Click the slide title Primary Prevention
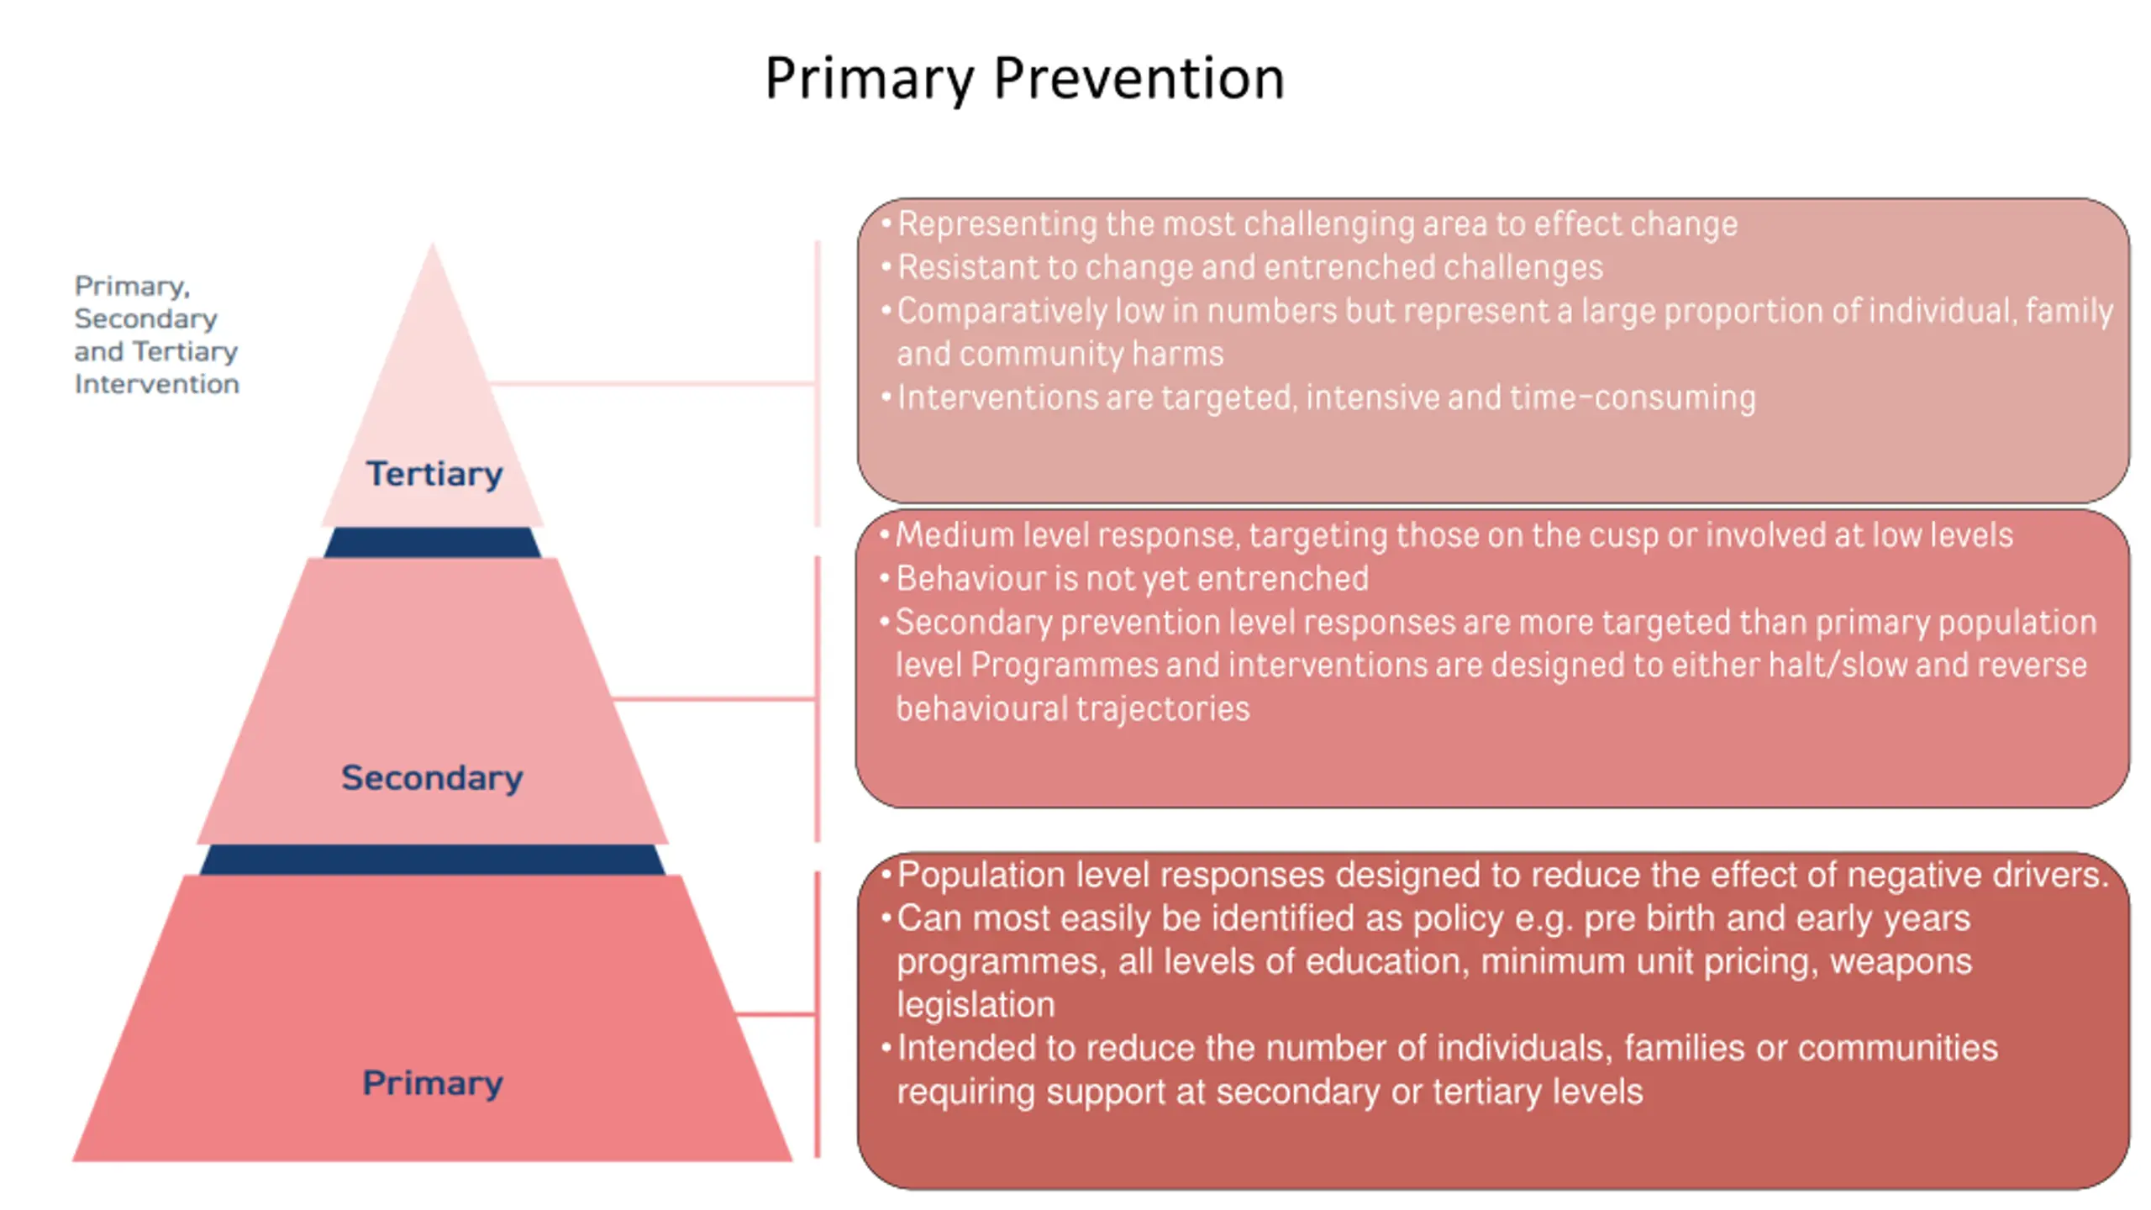[x=1024, y=79]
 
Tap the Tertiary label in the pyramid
[x=434, y=475]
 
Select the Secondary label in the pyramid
[x=432, y=778]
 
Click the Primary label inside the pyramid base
[x=433, y=1083]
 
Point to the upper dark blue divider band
[x=433, y=543]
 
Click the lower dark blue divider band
[x=433, y=860]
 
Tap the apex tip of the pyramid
[x=433, y=244]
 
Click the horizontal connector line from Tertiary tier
[x=652, y=383]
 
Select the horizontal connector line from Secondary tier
[x=714, y=698]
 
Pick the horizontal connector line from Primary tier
[x=776, y=1014]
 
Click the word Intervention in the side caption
[x=157, y=384]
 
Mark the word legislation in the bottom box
[x=976, y=1005]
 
